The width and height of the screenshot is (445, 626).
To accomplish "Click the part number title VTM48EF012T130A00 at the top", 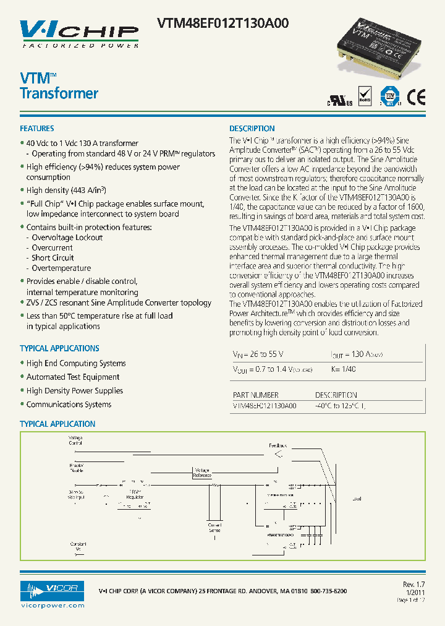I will tap(222, 24).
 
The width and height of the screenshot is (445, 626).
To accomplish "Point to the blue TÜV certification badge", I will tap(389, 96).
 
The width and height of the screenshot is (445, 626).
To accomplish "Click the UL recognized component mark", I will tap(339, 101).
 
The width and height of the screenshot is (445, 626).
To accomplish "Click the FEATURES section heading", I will tap(37, 129).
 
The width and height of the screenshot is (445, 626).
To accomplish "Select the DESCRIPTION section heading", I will tap(252, 129).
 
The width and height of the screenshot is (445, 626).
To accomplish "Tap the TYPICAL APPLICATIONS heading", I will tap(59, 348).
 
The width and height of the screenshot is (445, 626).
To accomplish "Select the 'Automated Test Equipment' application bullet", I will tap(73, 377).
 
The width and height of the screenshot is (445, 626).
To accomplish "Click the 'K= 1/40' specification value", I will tap(344, 369).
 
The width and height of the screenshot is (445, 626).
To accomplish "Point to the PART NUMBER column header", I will tap(255, 395).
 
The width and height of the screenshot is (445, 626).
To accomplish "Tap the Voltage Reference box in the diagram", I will tap(201, 473).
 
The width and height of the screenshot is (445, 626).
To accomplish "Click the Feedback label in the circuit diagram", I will tap(278, 445).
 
